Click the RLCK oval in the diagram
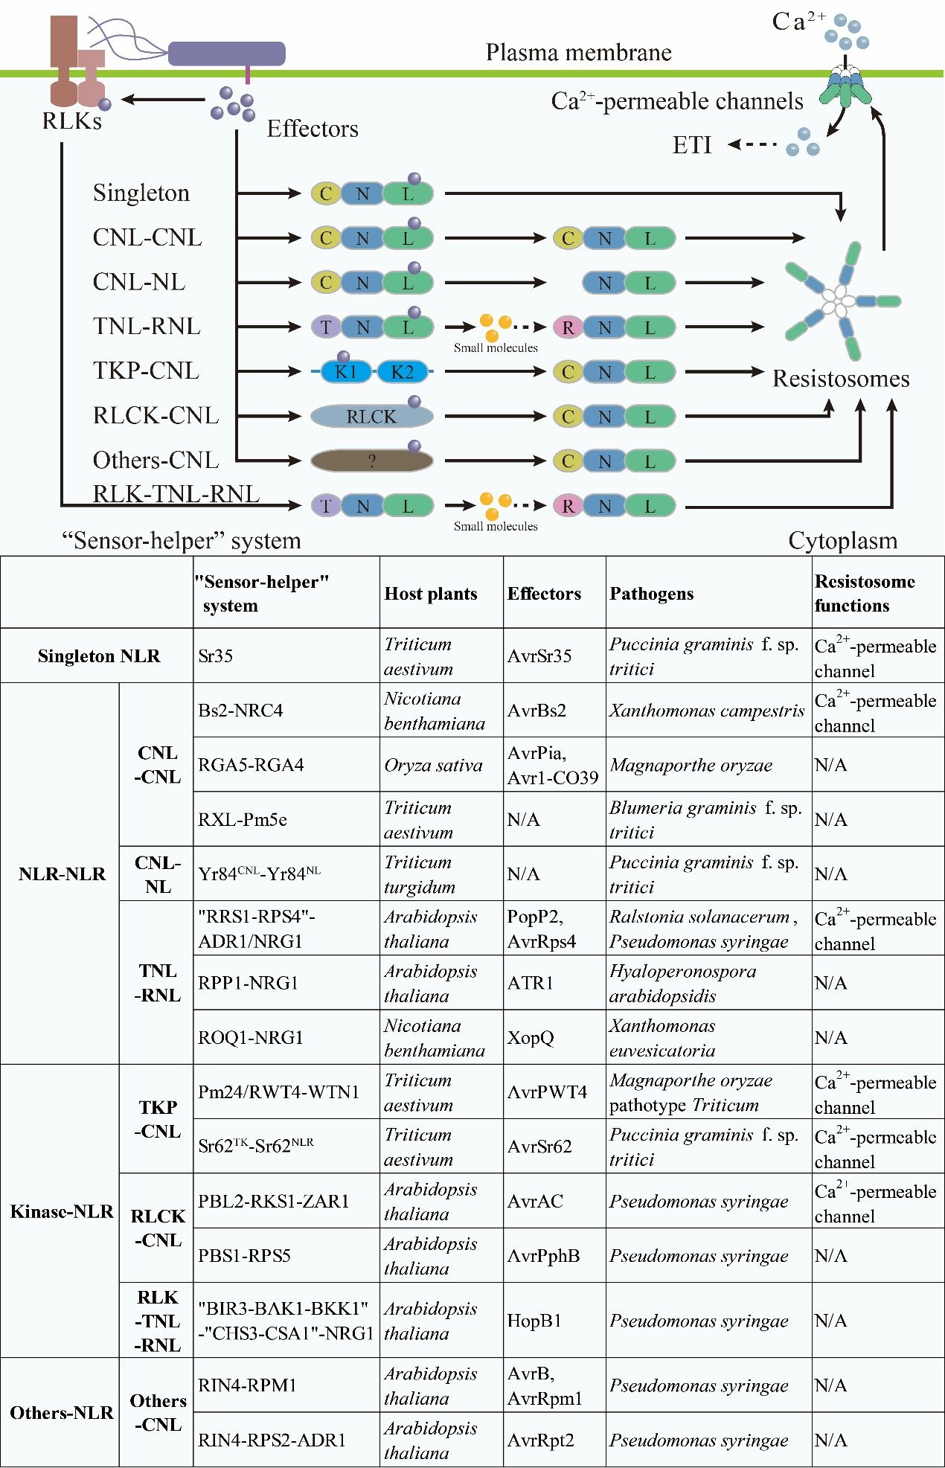click(x=371, y=417)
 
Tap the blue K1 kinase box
click(x=345, y=371)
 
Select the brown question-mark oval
click(x=371, y=461)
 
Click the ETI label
click(x=692, y=145)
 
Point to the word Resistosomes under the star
click(x=841, y=379)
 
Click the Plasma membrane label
click(x=578, y=53)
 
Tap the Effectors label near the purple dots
click(x=313, y=129)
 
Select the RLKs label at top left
click(x=71, y=121)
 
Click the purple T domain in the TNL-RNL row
click(x=326, y=327)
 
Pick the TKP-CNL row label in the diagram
click(x=146, y=371)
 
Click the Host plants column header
click(x=431, y=594)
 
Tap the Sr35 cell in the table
click(x=216, y=656)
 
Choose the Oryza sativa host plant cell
click(x=433, y=765)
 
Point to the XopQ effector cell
click(x=531, y=1037)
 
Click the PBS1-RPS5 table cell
click(x=244, y=1255)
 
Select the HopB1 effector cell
click(x=534, y=1321)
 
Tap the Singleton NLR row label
click(x=99, y=656)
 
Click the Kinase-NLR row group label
click(x=62, y=1211)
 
